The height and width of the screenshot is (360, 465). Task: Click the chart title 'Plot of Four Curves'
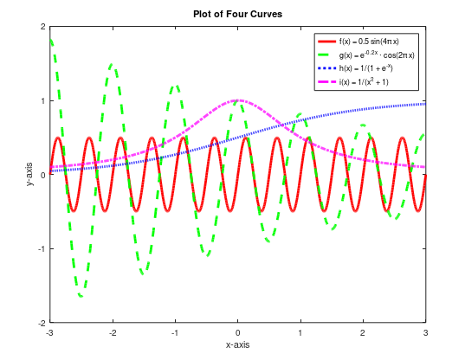237,13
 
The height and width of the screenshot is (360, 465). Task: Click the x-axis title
237,345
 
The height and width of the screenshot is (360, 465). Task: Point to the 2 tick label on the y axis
43,27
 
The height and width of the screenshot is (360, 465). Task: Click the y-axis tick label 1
43,101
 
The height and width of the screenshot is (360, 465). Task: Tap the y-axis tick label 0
43,175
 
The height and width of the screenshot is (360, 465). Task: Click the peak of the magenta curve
238,100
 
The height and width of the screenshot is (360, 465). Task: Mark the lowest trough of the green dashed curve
81,296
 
